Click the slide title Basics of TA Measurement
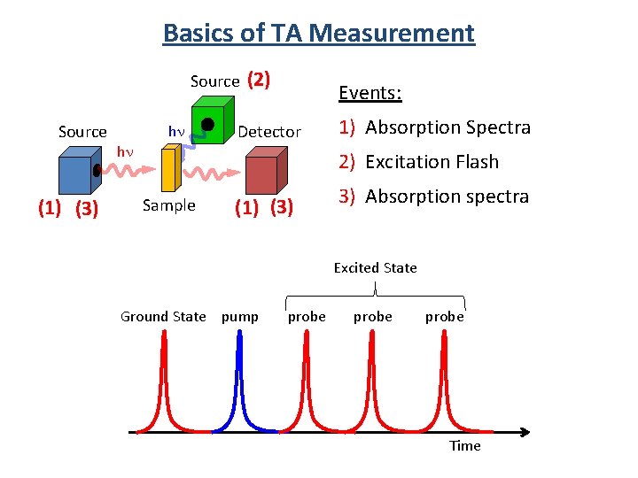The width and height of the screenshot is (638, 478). [319, 34]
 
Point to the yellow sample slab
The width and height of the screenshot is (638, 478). [171, 168]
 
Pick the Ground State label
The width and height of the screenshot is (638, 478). [163, 317]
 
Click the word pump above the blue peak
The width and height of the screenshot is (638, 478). [240, 317]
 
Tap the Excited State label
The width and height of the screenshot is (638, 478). [375, 267]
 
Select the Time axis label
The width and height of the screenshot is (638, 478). [464, 446]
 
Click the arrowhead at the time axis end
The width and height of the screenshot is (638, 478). [526, 432]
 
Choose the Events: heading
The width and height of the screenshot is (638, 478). [370, 94]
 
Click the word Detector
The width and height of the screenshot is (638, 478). [269, 132]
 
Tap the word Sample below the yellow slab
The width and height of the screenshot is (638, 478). [168, 205]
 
